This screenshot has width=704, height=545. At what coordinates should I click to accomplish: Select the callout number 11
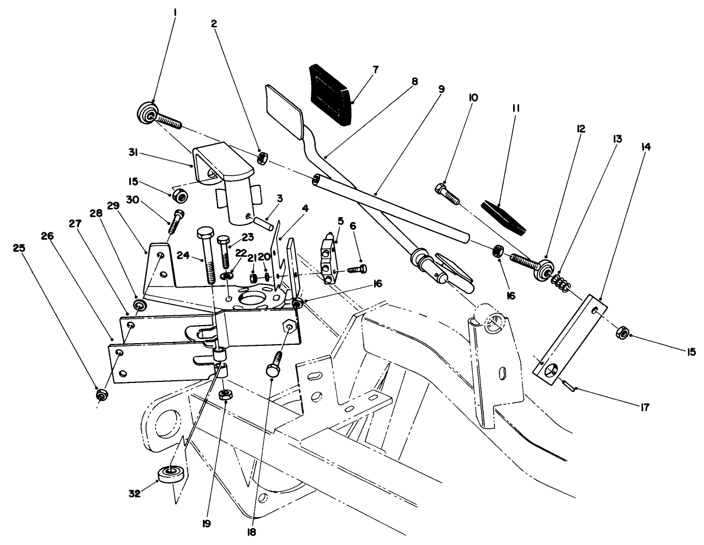tap(515, 109)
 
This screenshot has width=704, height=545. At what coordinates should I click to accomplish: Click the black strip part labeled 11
tap(504, 217)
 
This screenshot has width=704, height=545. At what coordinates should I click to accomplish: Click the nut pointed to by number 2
tap(262, 158)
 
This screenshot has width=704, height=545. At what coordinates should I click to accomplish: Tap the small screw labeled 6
tap(357, 268)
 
